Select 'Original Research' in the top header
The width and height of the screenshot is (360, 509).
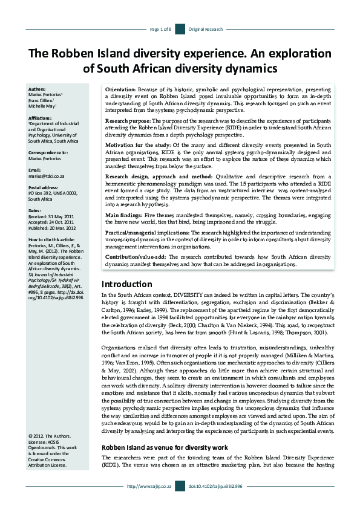206,29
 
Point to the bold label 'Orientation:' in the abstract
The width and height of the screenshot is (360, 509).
120,89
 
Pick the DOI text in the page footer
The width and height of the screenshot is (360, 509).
215,502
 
